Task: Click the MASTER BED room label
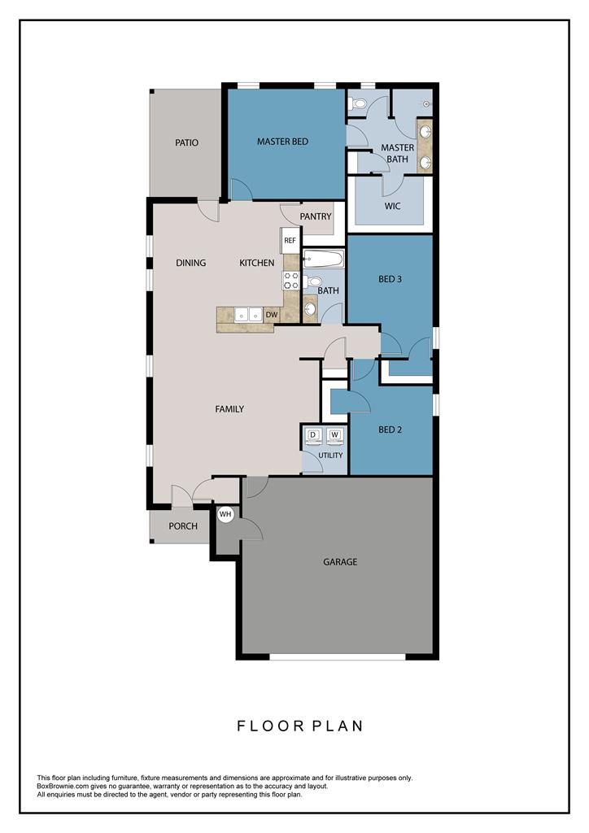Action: click(x=282, y=142)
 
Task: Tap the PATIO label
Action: click(x=186, y=142)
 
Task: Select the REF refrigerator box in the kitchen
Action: click(x=290, y=241)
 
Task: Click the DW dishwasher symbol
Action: click(x=272, y=315)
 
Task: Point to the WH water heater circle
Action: click(x=225, y=514)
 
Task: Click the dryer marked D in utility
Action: click(x=313, y=436)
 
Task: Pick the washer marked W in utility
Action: click(x=334, y=436)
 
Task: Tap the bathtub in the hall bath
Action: click(x=324, y=259)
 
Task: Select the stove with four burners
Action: click(x=291, y=280)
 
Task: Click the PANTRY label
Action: click(x=316, y=216)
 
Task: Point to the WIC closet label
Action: click(x=392, y=206)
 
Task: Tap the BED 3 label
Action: click(x=390, y=279)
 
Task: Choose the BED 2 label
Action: click(x=390, y=430)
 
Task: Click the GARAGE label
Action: click(x=340, y=561)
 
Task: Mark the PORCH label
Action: click(x=183, y=526)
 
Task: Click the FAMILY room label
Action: click(x=229, y=409)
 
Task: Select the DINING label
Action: click(x=190, y=263)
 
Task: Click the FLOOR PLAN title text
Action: click(x=300, y=726)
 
